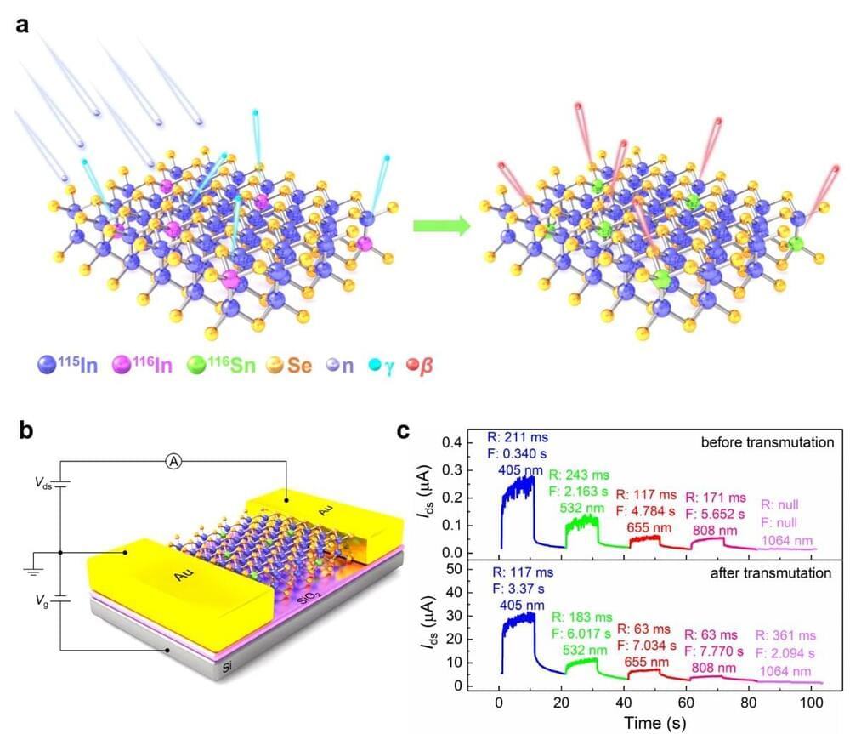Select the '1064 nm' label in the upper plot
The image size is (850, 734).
coord(788,538)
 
